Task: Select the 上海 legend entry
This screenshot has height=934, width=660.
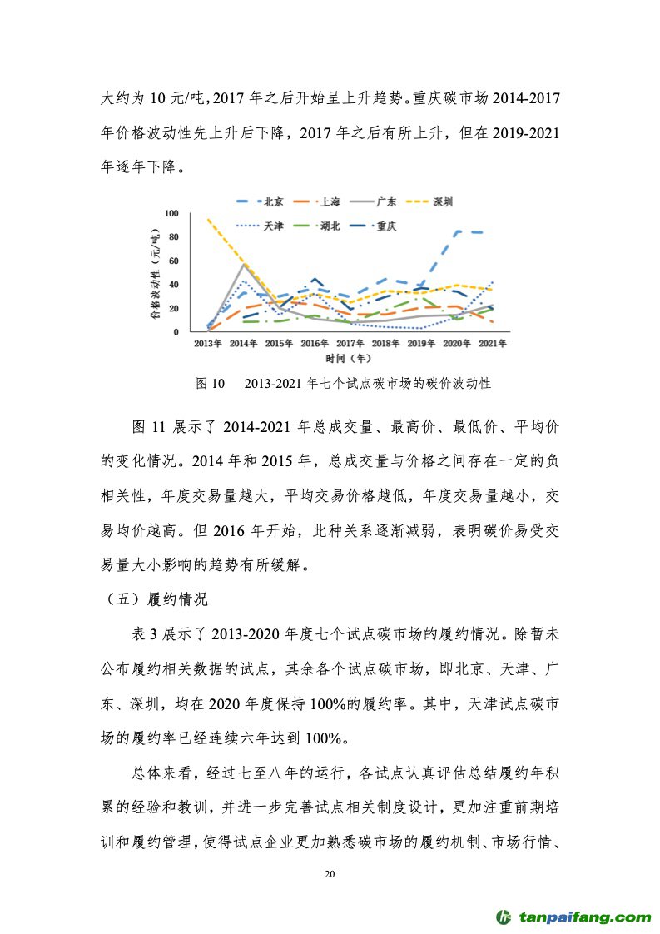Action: (329, 201)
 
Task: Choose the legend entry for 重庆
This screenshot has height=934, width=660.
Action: (385, 225)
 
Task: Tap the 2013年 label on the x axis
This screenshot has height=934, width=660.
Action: (207, 343)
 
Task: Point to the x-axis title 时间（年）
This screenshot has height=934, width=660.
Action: (350, 359)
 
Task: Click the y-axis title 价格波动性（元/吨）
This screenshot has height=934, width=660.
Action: (155, 273)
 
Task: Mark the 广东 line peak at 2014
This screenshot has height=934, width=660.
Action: (243, 264)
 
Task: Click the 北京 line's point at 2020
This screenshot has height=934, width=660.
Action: (459, 231)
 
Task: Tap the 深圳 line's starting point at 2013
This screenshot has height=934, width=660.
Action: (207, 220)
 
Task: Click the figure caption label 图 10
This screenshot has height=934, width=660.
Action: (210, 384)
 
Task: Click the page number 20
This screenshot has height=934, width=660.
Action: (330, 875)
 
